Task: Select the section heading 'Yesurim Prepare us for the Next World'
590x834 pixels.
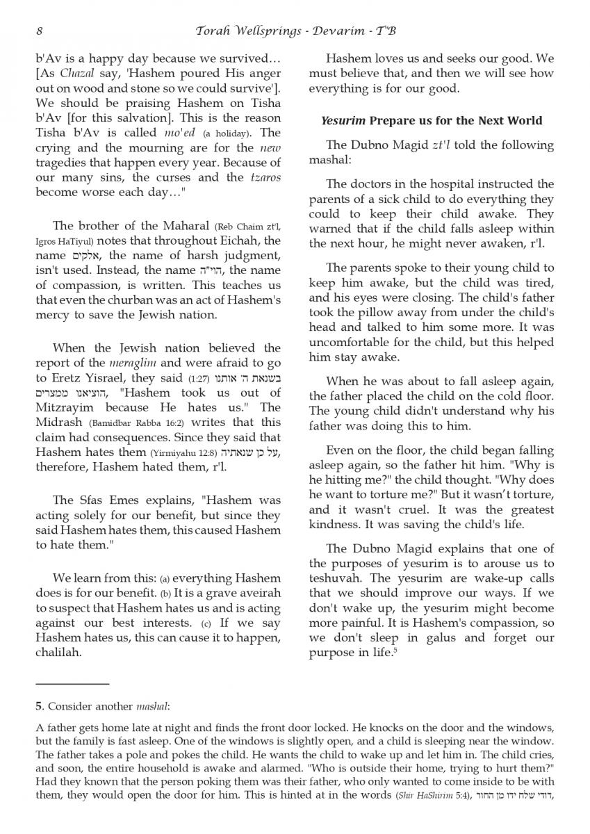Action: (431, 120)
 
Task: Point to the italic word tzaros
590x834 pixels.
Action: (265, 177)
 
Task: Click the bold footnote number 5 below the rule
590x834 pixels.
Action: (38, 707)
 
